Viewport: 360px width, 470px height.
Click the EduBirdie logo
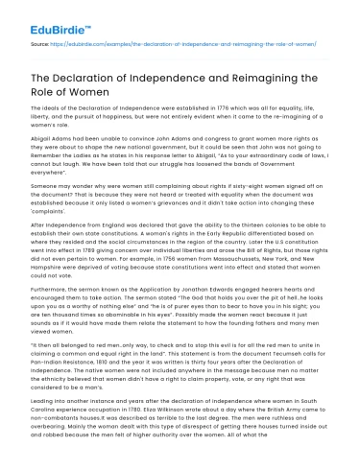46,20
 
